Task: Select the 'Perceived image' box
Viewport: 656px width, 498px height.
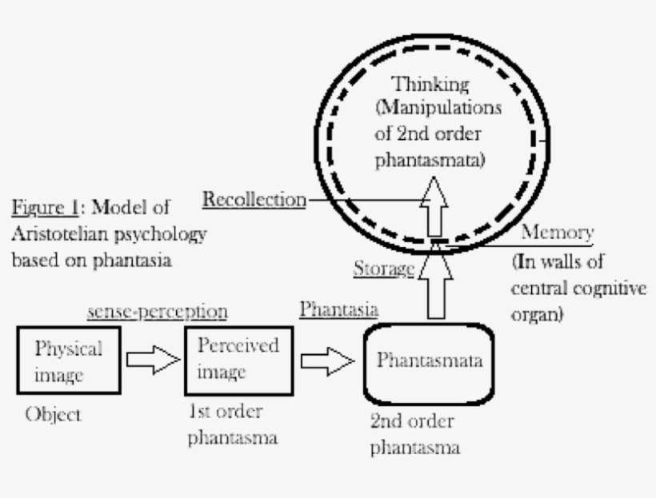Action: point(238,359)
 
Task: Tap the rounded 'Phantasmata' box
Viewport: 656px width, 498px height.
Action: point(430,361)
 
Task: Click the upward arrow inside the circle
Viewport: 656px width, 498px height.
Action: point(435,205)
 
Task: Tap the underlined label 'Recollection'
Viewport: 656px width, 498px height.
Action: point(254,199)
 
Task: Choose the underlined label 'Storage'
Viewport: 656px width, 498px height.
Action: point(383,269)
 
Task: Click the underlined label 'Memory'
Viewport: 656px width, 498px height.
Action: point(557,233)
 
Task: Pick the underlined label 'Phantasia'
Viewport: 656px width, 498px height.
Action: point(338,310)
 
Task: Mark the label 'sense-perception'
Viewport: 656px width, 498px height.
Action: point(157,311)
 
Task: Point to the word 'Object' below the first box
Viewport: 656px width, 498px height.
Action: point(53,415)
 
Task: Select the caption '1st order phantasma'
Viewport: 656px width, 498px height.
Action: point(233,425)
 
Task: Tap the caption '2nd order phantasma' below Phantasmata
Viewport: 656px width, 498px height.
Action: point(414,434)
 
